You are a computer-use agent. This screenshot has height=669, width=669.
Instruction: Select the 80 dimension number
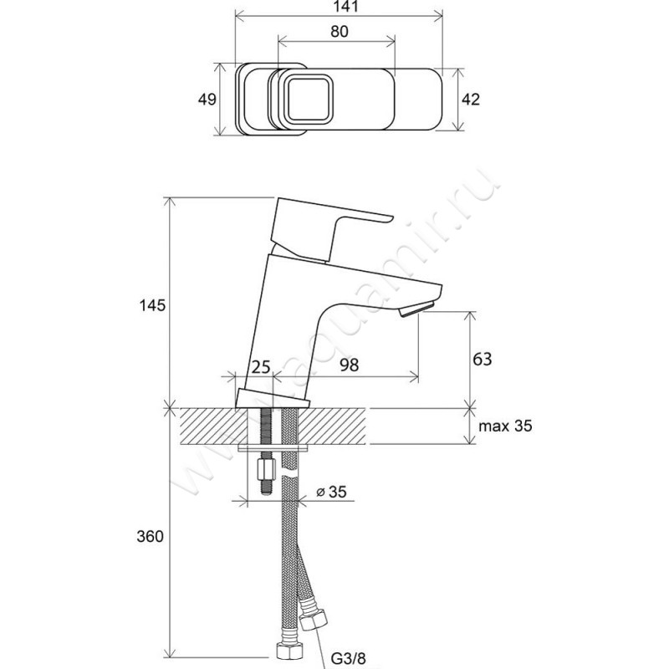click(339, 31)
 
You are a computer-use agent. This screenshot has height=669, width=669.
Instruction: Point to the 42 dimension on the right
click(471, 99)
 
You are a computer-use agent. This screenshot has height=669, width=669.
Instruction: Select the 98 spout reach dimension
click(350, 365)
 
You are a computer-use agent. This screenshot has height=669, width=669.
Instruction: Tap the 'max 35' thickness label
click(505, 426)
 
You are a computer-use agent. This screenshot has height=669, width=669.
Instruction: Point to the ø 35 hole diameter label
click(332, 492)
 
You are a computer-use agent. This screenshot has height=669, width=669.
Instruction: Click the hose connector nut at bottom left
click(283, 651)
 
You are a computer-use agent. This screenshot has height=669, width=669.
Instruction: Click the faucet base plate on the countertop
click(272, 399)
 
